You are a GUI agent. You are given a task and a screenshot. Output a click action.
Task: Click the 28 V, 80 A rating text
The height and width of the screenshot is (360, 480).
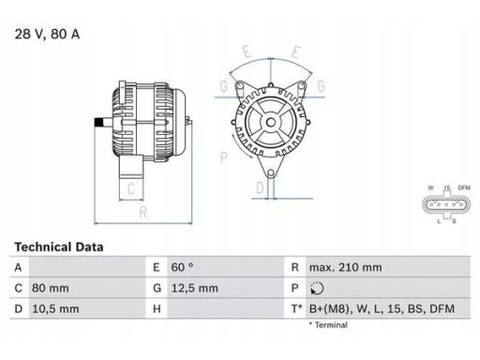(x=47, y=34)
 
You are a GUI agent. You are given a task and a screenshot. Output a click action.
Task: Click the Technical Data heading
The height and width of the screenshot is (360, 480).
(x=59, y=247)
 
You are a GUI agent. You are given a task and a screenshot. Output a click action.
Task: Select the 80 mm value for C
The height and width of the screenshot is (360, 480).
(x=51, y=288)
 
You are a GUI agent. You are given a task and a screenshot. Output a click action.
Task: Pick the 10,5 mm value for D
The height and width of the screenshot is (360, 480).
(x=55, y=309)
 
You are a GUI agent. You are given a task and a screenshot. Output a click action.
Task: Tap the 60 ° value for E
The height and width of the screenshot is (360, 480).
(x=182, y=267)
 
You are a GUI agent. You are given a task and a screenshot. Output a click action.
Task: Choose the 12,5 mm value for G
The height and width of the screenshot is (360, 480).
(x=195, y=288)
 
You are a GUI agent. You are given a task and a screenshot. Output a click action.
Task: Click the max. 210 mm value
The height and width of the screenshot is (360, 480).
(x=346, y=267)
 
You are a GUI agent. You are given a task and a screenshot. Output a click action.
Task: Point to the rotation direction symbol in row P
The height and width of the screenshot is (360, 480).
(x=317, y=288)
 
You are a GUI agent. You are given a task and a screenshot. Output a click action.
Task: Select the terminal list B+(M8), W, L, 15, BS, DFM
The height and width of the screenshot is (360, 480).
(x=382, y=309)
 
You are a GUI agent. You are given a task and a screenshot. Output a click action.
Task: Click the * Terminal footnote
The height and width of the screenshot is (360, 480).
(x=328, y=325)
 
